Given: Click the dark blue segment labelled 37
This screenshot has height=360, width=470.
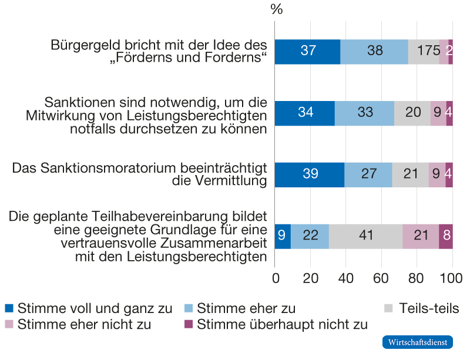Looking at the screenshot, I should [x=308, y=51].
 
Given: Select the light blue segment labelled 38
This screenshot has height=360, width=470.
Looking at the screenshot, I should [x=374, y=51].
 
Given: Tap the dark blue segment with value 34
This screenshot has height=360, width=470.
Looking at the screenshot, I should [x=305, y=113].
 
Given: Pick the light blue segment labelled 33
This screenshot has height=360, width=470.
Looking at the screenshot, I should [x=364, y=113].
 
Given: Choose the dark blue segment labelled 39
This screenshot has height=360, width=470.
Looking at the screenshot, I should [x=310, y=174].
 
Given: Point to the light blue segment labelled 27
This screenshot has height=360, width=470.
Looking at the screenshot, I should [x=368, y=174].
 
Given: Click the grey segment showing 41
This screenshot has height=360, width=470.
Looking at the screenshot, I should [x=365, y=236].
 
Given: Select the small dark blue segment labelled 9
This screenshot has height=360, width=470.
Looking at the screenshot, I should [x=283, y=236].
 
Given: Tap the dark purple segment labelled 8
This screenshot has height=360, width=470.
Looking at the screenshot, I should [x=446, y=236].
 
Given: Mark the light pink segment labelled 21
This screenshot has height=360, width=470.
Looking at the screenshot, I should [x=421, y=236].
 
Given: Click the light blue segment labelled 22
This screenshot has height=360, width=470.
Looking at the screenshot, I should [x=310, y=236].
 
